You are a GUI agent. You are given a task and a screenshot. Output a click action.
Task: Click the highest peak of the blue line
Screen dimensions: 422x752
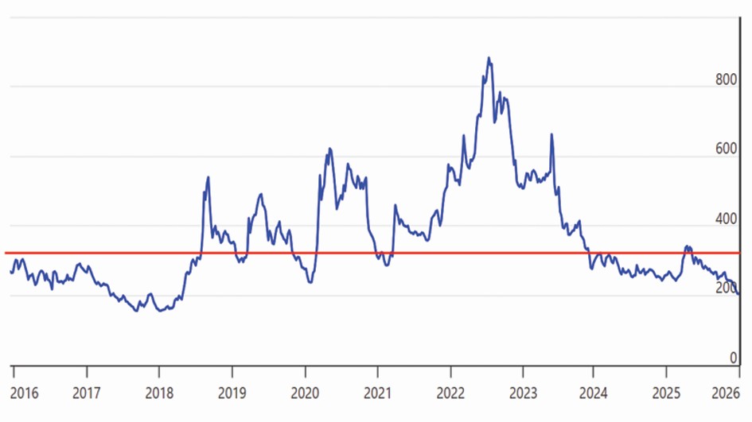coord(489,58)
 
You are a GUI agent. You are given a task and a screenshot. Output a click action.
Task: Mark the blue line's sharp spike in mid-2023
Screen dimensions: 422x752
coord(551,134)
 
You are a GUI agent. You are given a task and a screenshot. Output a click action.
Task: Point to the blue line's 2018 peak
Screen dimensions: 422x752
coord(208,177)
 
